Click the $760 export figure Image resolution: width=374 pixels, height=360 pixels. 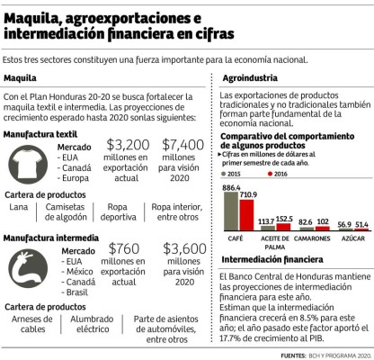pyautogui.click(x=124, y=247)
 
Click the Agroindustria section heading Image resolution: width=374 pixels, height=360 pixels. pyautogui.click(x=247, y=77)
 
